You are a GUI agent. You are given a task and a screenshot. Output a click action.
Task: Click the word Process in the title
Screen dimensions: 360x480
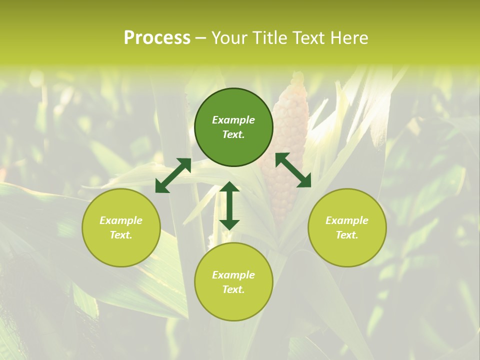tap(157, 38)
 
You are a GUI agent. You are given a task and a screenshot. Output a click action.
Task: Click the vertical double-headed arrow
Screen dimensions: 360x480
tap(229, 205)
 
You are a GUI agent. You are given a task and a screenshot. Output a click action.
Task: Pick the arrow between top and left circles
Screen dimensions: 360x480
tap(173, 175)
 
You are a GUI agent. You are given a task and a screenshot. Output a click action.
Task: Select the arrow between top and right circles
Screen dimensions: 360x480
tap(293, 170)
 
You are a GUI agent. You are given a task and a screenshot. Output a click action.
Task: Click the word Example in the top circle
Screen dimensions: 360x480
tap(233, 120)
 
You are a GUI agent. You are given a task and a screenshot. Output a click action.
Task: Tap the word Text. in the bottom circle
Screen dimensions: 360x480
tap(233, 289)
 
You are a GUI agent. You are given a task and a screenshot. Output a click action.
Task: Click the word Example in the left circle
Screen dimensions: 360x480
tap(121, 220)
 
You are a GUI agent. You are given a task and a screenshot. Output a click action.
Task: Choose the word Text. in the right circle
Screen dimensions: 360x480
tap(347, 235)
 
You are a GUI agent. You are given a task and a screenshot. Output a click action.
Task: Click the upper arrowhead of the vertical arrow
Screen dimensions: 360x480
tap(229, 187)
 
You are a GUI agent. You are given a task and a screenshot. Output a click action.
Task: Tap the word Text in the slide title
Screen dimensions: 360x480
tap(306, 38)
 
